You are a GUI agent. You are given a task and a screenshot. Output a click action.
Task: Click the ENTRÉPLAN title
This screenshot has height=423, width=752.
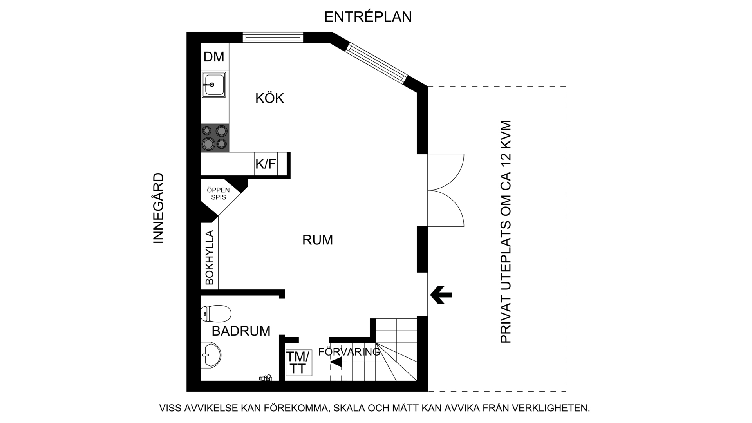(368, 17)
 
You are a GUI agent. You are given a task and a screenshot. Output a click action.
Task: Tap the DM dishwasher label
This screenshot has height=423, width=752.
(214, 57)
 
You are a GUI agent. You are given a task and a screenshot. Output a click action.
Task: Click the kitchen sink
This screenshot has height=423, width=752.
(214, 85)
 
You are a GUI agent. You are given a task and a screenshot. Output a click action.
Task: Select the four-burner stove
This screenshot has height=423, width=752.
(215, 138)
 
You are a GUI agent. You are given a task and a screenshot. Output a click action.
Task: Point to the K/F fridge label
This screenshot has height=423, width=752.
(266, 164)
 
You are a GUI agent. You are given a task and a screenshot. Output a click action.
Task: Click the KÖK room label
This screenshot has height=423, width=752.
(269, 98)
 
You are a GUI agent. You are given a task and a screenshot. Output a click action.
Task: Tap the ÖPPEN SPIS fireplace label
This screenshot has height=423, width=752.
(219, 194)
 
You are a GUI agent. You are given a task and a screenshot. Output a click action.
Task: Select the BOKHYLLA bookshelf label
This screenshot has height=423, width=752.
(210, 257)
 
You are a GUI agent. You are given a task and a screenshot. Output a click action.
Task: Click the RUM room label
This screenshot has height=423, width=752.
(318, 240)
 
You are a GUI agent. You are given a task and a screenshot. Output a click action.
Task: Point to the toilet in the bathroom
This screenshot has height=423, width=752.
(216, 313)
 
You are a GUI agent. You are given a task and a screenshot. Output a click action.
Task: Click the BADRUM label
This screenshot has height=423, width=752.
(241, 331)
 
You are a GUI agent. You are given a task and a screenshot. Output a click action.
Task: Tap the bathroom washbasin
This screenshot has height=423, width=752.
(211, 355)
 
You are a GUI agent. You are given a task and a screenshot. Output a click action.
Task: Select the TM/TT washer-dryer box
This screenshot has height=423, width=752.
(298, 363)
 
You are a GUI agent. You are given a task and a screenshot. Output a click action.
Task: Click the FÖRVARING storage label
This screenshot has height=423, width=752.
(349, 352)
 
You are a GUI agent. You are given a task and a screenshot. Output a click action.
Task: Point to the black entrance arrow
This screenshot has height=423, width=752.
(441, 295)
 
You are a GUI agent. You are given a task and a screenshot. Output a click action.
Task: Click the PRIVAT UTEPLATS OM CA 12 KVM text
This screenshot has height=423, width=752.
(506, 231)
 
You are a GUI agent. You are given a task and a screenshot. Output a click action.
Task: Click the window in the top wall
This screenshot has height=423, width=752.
(273, 37)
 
